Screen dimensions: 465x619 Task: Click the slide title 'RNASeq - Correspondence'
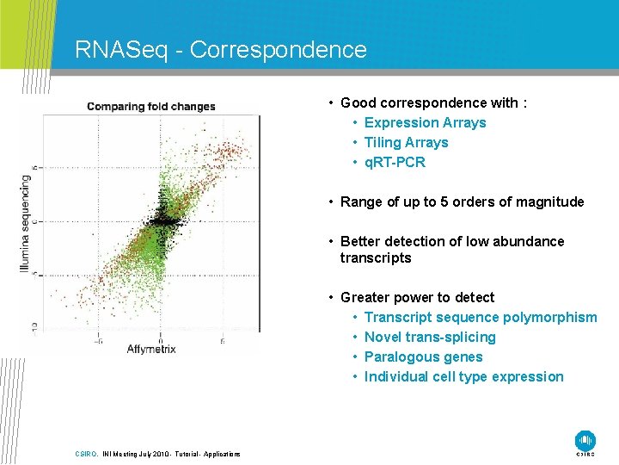pos(221,50)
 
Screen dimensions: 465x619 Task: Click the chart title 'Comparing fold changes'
pos(150,107)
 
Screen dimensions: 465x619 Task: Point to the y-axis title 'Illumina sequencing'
pos(26,224)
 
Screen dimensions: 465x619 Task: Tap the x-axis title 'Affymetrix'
pos(151,348)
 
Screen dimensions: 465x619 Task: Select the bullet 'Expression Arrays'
pos(425,122)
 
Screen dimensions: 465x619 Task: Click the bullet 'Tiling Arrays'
pos(406,142)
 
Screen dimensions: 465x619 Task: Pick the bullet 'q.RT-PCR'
pos(395,162)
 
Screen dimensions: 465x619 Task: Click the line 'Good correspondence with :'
pos(433,102)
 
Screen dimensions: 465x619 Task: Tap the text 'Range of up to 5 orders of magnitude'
pos(462,201)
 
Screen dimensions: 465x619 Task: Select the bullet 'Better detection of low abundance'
pos(452,241)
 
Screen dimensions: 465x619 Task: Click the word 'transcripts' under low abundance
pos(376,257)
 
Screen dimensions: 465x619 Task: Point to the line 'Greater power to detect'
pos(417,297)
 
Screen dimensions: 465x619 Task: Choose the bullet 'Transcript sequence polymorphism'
pos(480,317)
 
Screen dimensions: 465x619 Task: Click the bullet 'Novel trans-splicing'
pos(430,337)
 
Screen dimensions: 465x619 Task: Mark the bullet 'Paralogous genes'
pos(423,356)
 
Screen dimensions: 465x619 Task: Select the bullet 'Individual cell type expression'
pos(463,376)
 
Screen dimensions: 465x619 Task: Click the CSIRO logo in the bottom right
pos(585,441)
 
